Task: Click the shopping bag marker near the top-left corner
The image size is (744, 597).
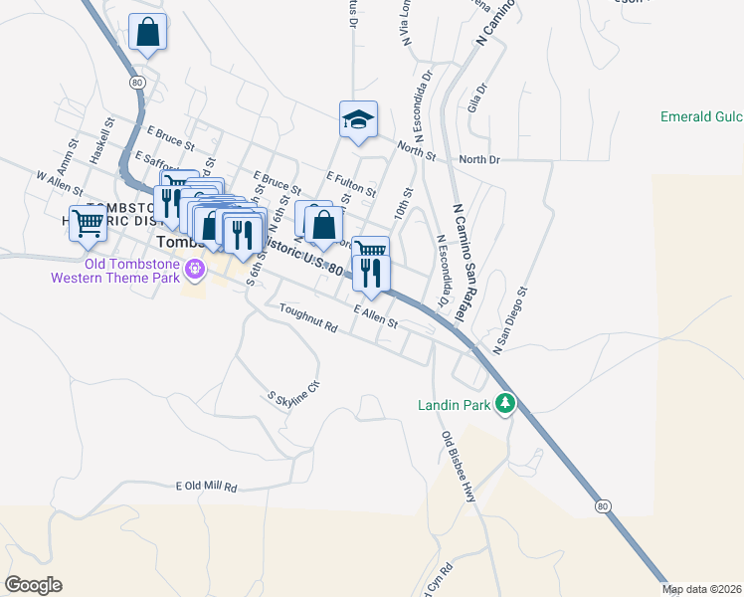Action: point(147,32)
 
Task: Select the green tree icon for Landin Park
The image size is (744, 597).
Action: point(507,403)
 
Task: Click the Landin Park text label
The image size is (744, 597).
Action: point(455,405)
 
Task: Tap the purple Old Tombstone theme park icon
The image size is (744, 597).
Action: point(193,267)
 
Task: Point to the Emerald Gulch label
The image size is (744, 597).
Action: point(701,116)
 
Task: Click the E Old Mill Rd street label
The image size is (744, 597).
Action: point(206,487)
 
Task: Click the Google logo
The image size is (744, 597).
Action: point(33,585)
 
